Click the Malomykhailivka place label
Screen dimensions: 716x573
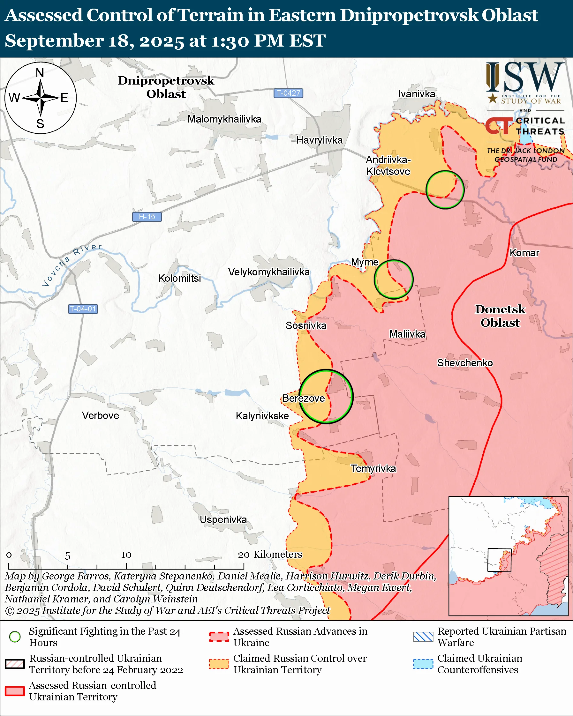224,119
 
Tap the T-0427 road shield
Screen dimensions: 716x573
288,93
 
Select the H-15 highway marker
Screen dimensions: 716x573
147,217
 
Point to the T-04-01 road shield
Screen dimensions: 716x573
83,309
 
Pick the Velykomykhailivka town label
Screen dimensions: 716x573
269,272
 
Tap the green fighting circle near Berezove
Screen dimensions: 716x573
326,397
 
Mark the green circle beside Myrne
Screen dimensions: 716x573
394,279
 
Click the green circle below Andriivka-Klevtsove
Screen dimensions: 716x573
445,190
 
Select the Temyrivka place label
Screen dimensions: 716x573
373,469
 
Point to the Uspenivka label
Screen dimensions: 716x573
223,519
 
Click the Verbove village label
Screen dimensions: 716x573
100,415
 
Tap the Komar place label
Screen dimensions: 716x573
524,253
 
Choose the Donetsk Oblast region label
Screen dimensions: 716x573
500,316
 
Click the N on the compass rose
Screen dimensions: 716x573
40,73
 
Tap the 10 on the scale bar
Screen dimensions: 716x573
126,555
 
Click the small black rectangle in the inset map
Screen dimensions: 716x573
499,560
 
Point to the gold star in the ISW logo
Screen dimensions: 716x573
493,98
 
